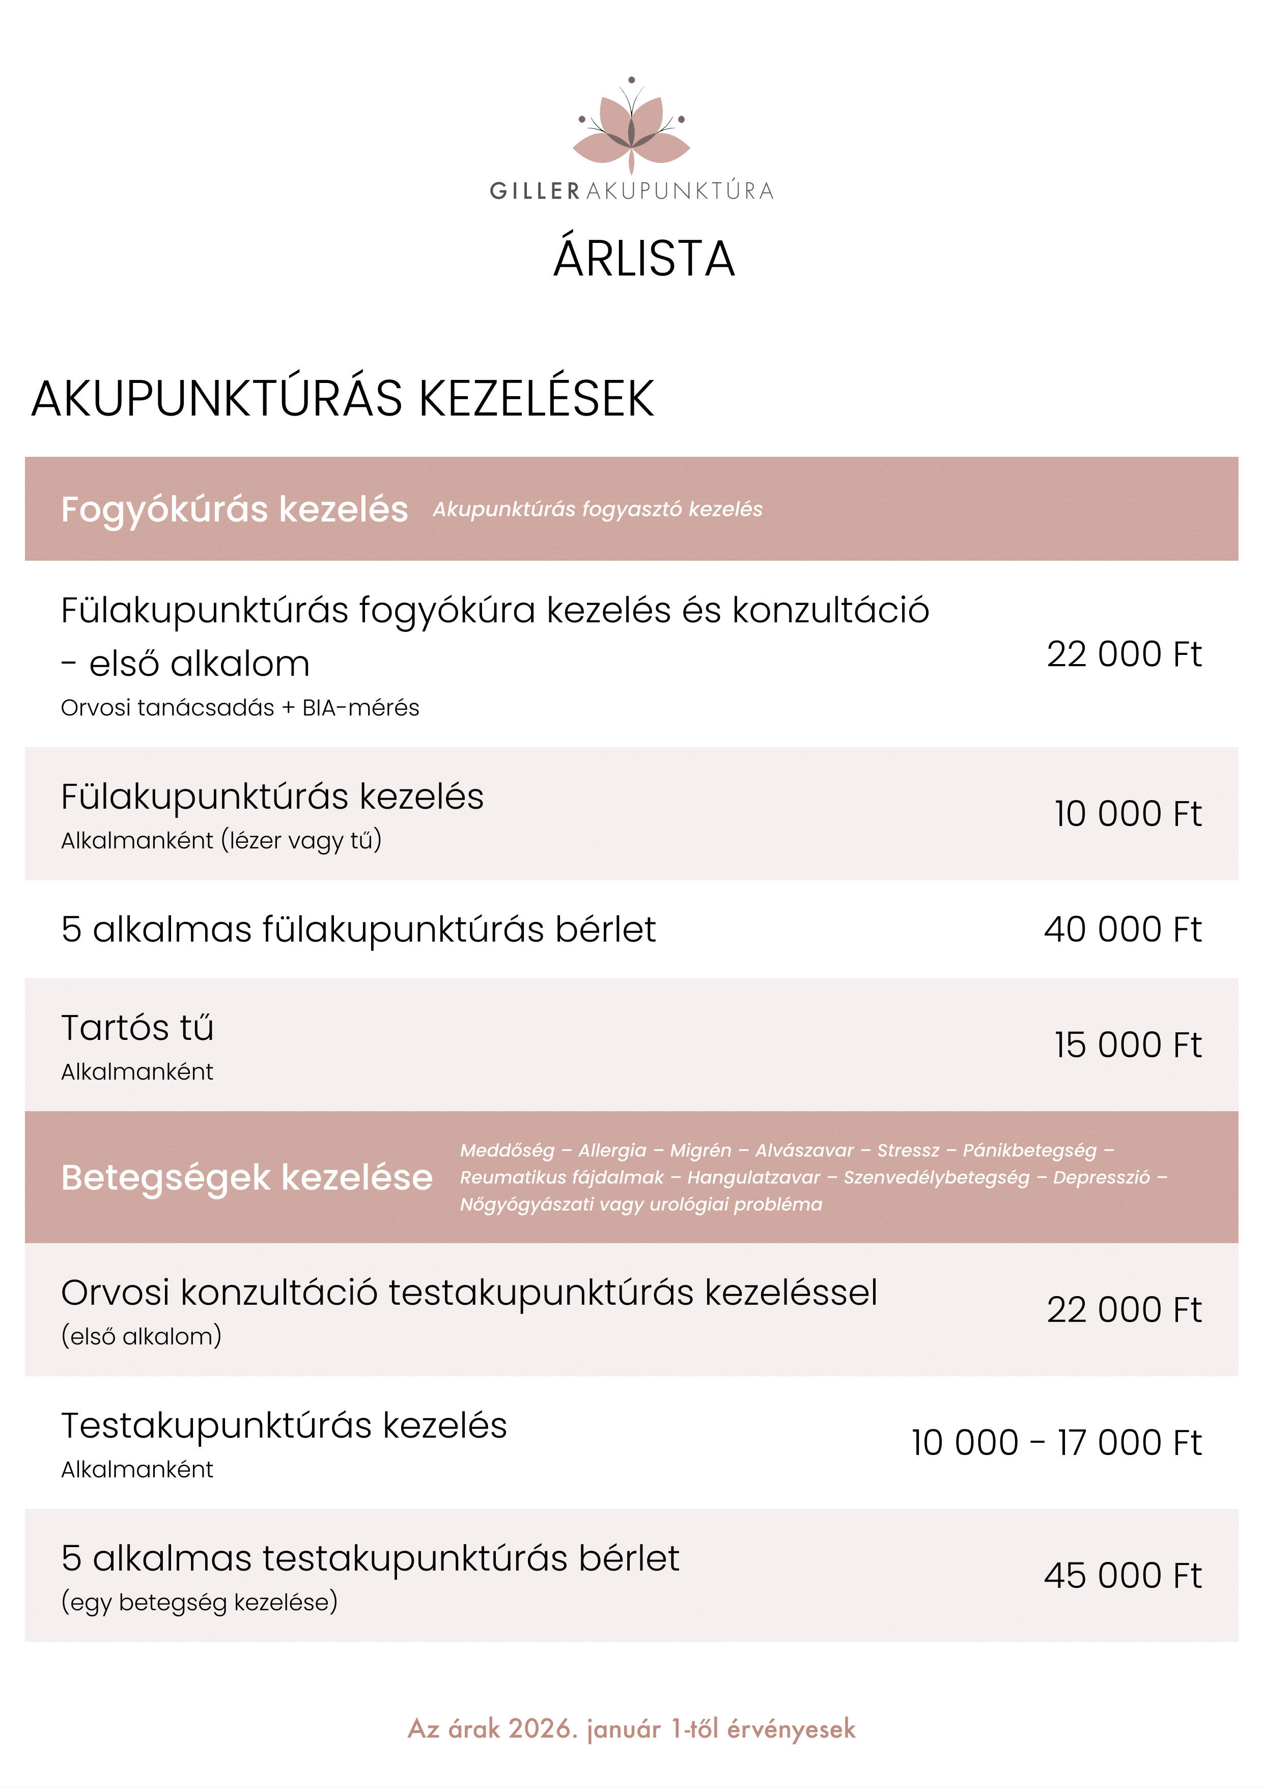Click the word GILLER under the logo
pos(535,191)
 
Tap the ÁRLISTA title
pos(644,259)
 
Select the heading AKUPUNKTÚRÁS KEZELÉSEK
pos(343,399)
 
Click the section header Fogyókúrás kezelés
pos(234,509)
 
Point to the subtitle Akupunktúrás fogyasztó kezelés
pos(597,509)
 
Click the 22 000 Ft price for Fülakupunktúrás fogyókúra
pos(1123,654)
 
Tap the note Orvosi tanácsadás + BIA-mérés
pos(240,708)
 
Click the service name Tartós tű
pos(137,1028)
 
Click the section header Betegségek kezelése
pos(247,1177)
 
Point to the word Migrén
pos(700,1150)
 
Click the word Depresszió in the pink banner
pos(1101,1177)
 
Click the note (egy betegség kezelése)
pos(200,1603)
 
